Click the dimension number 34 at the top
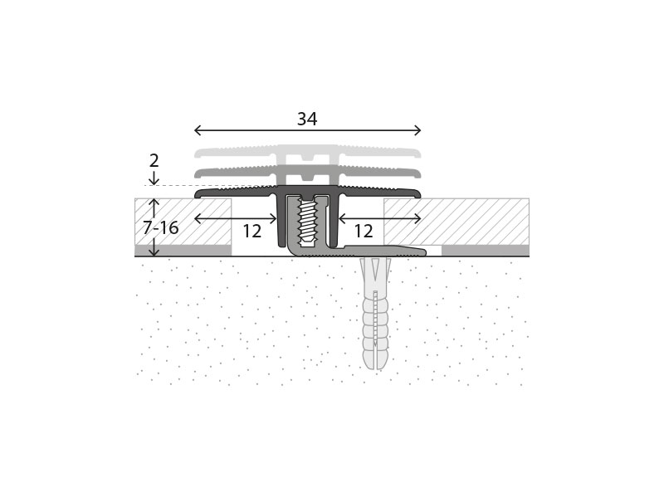(x=307, y=119)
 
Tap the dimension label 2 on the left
(x=154, y=161)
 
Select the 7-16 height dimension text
(x=160, y=227)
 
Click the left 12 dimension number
(x=252, y=232)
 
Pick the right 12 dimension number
(x=364, y=232)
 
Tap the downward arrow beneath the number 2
(x=154, y=178)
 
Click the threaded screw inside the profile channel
(x=308, y=222)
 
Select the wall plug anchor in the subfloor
(x=374, y=314)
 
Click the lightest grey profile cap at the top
(x=307, y=154)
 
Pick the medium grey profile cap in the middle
(x=307, y=174)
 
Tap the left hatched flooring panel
(x=183, y=222)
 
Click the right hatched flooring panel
(x=456, y=222)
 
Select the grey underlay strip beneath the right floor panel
(x=486, y=251)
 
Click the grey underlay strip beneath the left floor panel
(x=183, y=251)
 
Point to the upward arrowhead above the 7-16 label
(x=154, y=202)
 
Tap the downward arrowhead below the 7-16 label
(x=154, y=252)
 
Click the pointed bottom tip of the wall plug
(x=374, y=369)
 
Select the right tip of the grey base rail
(x=425, y=252)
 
